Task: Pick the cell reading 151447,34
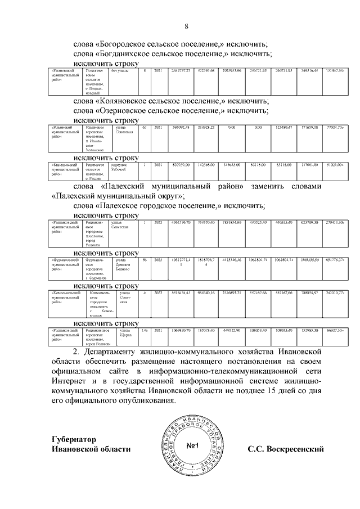point(335,71)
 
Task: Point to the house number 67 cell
point(145,129)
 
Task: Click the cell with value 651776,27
point(335,260)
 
